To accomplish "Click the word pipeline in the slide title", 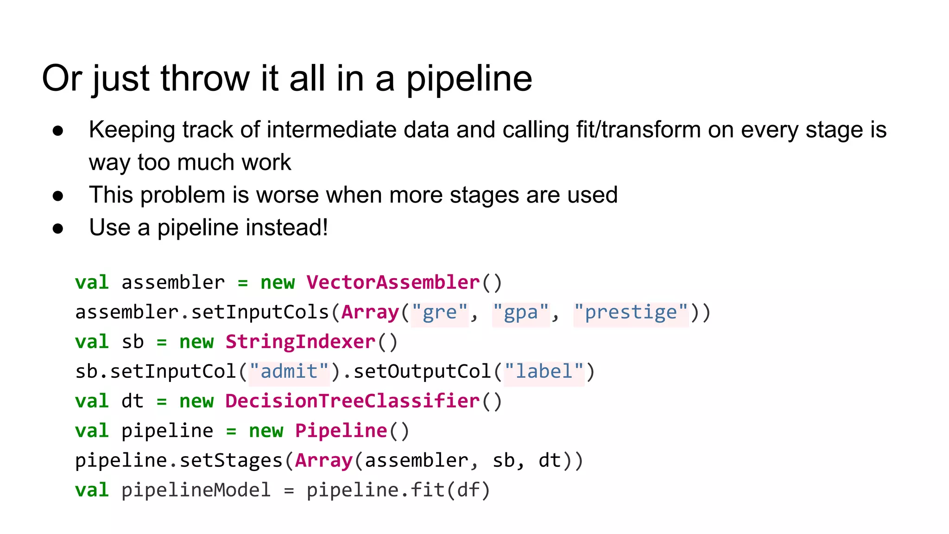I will (x=469, y=79).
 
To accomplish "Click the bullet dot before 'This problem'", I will (x=58, y=196).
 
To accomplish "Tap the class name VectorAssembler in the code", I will (x=393, y=282).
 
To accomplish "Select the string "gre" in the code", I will (x=440, y=312).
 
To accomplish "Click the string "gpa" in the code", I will (x=521, y=312).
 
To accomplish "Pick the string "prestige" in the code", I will (x=631, y=312).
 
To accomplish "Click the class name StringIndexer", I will (x=300, y=342).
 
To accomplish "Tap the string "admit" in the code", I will (x=289, y=372).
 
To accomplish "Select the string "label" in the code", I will (x=544, y=372).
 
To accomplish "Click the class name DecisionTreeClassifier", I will (x=352, y=401).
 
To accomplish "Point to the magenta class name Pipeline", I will (x=341, y=431).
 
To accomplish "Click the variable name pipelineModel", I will (x=196, y=490).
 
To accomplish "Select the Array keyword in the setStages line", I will (x=324, y=461).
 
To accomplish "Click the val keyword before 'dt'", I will (x=92, y=401).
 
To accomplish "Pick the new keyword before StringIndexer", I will (x=196, y=342).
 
